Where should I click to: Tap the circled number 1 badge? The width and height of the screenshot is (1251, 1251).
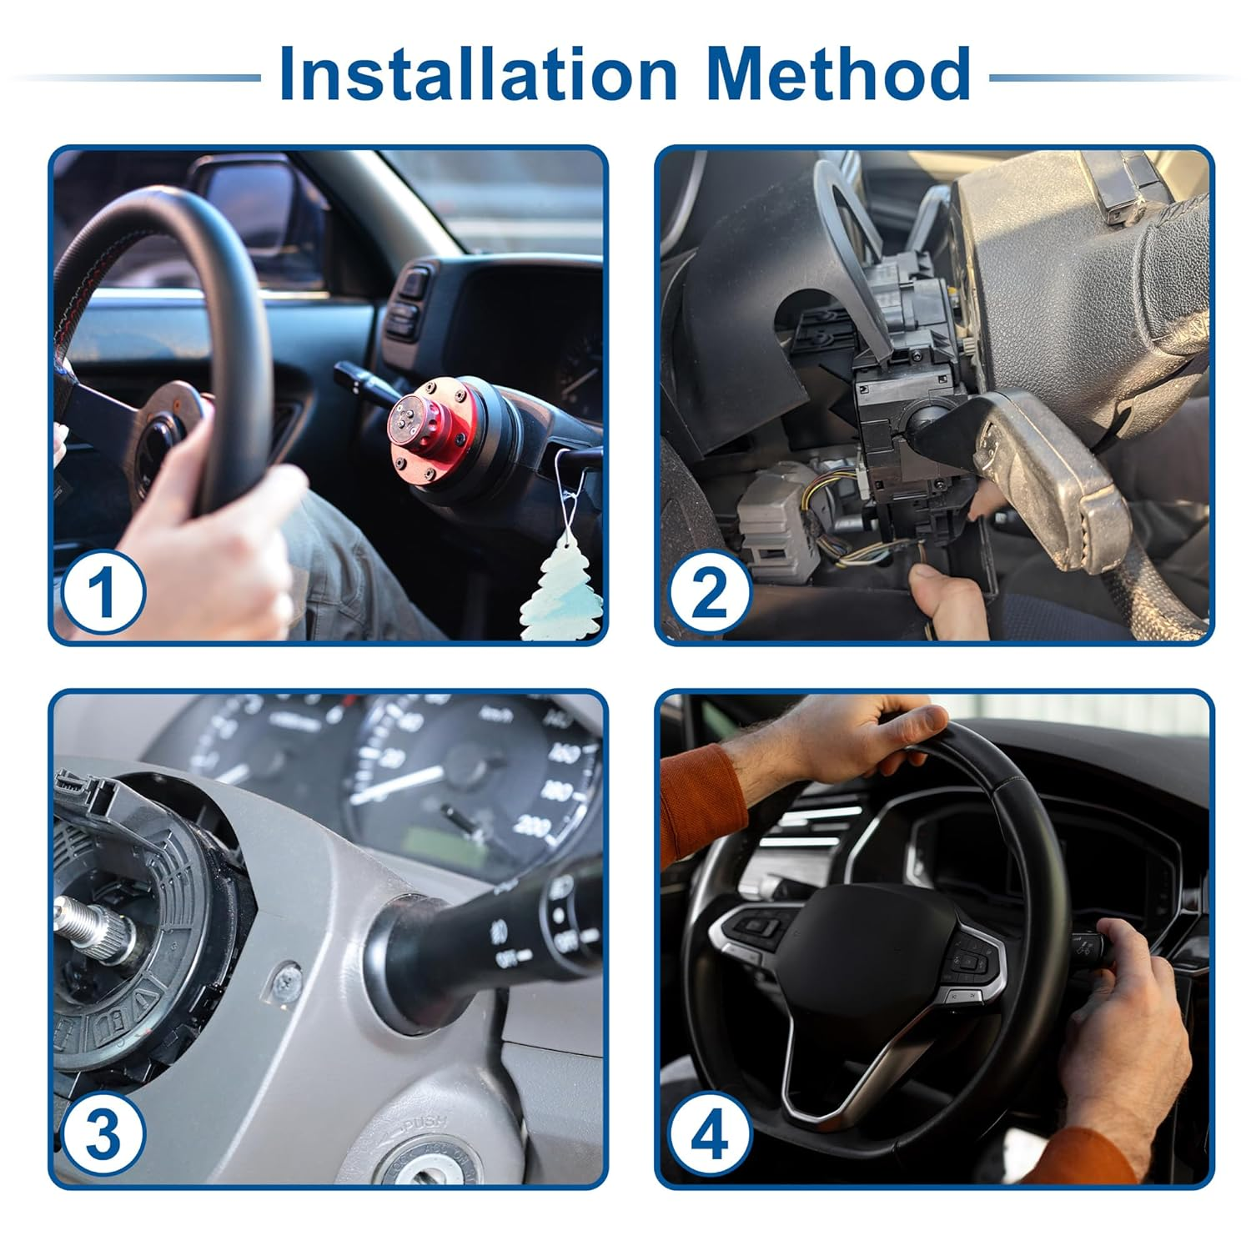(x=103, y=594)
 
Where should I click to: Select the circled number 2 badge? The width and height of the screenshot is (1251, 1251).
(x=710, y=594)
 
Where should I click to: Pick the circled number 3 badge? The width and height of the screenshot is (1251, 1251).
(x=103, y=1136)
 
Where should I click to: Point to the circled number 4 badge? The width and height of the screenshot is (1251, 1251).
(x=710, y=1136)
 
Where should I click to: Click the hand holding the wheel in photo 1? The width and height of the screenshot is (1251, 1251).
(x=208, y=534)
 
